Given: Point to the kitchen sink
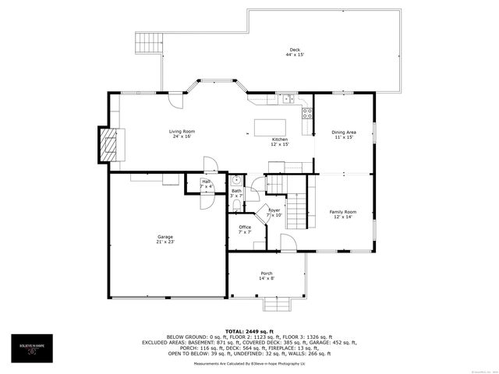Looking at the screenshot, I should tap(288, 99).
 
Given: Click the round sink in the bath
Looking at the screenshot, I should tap(235, 178).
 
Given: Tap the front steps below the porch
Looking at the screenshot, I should tap(274, 304).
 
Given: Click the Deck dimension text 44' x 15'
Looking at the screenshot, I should tap(294, 55).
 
